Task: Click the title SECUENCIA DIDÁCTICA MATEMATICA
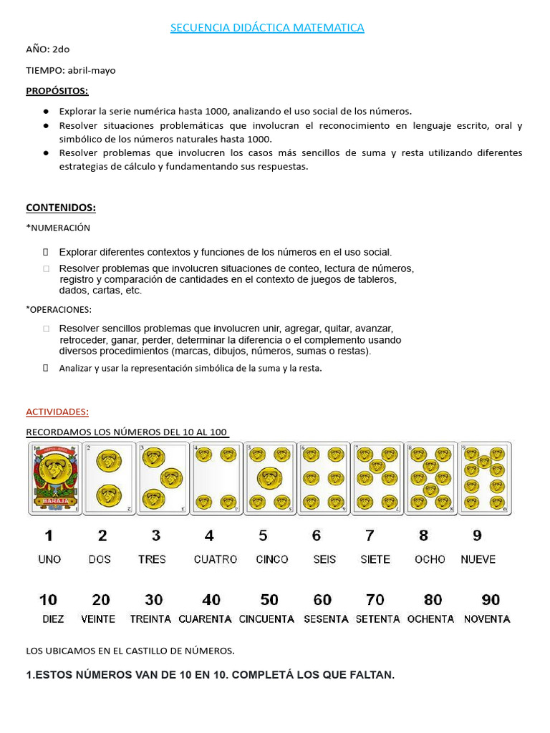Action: point(267,28)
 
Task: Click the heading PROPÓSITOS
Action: point(57,91)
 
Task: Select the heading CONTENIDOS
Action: point(61,208)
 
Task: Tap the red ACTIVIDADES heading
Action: point(57,412)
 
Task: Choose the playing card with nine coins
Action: point(485,478)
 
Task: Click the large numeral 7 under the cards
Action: point(370,535)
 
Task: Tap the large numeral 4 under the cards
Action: point(209,535)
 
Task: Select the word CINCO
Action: point(272,559)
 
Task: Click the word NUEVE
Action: point(478,559)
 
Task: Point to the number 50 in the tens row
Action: point(269,600)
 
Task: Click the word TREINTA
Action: point(150,618)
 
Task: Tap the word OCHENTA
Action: point(430,618)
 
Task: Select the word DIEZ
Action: point(53,618)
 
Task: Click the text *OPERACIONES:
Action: point(59,310)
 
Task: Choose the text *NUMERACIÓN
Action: point(58,228)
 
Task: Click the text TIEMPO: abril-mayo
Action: point(70,70)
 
